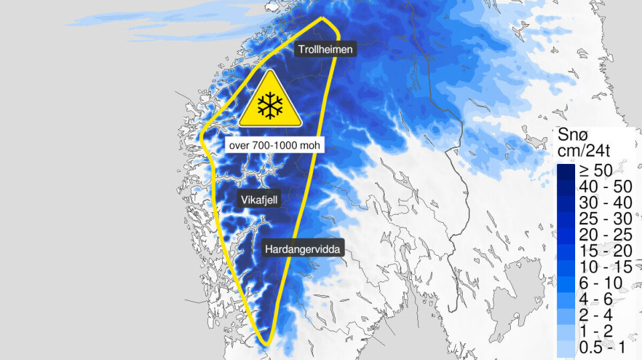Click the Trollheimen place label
324,49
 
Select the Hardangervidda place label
303,249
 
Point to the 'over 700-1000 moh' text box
274,145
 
